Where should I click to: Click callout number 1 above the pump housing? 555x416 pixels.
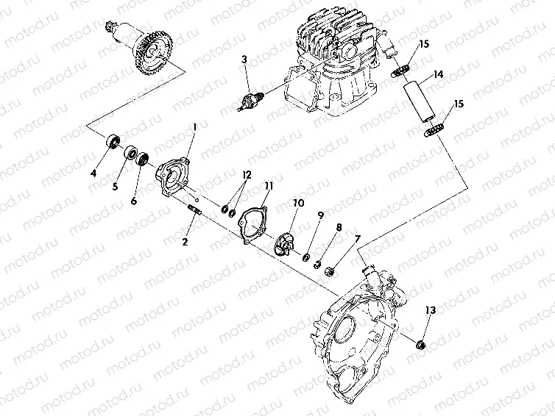click(194, 127)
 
